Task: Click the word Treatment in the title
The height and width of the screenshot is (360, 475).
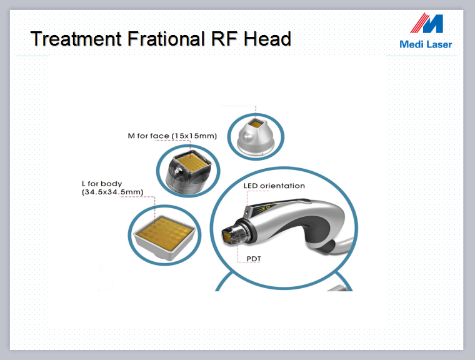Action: (76, 39)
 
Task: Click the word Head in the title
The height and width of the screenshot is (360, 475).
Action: (267, 39)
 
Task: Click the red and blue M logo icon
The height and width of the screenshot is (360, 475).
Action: (427, 22)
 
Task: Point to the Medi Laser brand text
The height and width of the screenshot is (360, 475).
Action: (426, 44)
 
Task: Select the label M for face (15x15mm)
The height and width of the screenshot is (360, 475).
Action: (172, 136)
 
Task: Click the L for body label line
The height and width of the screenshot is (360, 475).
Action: (102, 184)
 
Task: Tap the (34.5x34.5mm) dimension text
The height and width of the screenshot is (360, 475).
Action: (112, 192)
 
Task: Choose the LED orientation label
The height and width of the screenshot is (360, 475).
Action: (274, 186)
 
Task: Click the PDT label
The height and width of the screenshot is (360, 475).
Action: (254, 259)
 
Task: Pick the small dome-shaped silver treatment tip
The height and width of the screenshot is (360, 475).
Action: (256, 137)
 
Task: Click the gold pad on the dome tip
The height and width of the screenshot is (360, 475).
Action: (256, 124)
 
